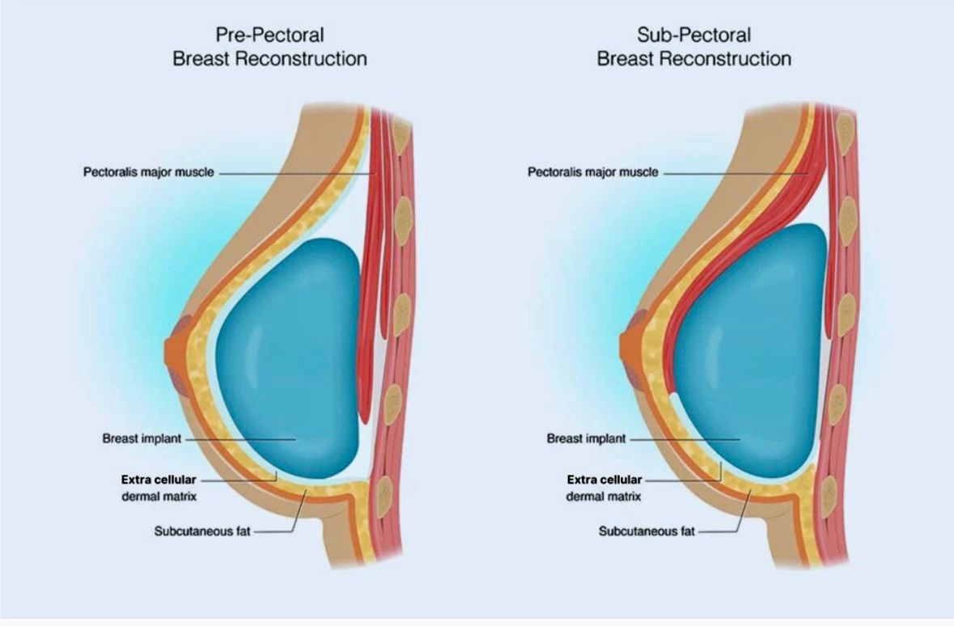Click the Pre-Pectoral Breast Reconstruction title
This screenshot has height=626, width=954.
click(269, 47)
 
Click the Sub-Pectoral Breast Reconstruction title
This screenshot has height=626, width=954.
click(693, 47)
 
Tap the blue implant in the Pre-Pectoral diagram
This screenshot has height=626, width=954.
click(287, 356)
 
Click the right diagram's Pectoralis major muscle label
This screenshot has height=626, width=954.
click(593, 172)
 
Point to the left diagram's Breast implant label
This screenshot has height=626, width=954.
click(142, 439)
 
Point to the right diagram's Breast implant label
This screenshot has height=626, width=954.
click(587, 439)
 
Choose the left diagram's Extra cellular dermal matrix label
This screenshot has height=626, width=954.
click(159, 488)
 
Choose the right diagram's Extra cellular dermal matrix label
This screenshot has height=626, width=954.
click(604, 488)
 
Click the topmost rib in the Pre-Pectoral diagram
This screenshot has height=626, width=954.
click(400, 129)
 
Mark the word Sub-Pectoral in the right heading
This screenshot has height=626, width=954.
click(693, 35)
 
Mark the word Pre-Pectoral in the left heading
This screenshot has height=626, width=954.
click(269, 35)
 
